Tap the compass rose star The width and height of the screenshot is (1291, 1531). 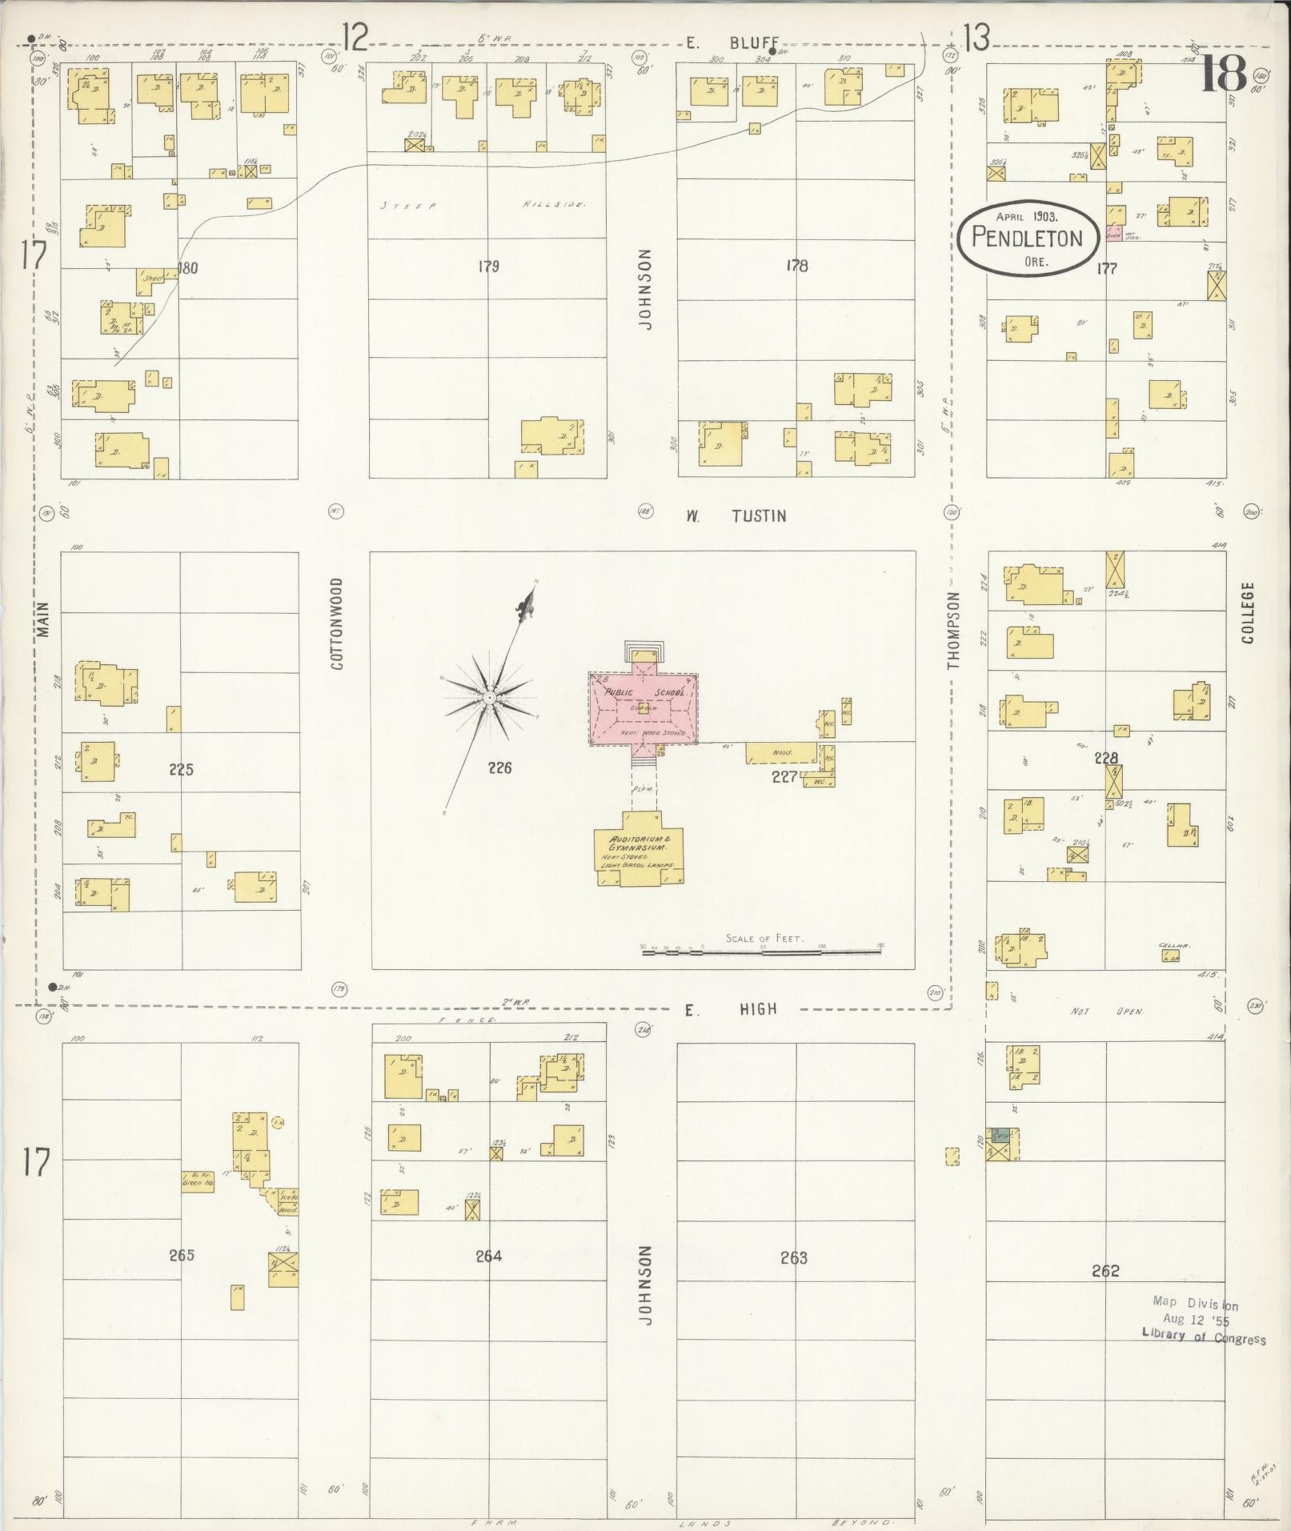[488, 698]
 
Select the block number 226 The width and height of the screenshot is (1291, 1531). [499, 768]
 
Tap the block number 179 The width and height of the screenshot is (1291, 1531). [488, 266]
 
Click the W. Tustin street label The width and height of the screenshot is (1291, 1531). [735, 516]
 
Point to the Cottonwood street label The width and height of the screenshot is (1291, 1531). [336, 624]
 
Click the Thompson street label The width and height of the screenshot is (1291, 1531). [952, 631]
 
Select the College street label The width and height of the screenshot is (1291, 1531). [1249, 613]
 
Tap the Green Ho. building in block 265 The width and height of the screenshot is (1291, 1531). [197, 1183]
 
